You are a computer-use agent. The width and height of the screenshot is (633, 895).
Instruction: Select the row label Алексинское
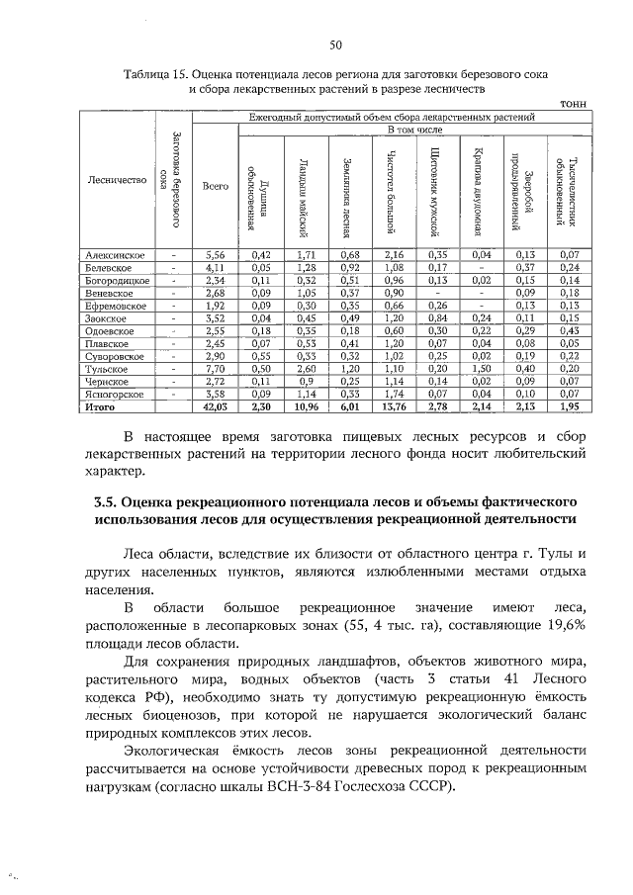pyautogui.click(x=116, y=255)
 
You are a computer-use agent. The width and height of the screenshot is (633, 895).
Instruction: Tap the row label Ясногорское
pyautogui.click(x=116, y=394)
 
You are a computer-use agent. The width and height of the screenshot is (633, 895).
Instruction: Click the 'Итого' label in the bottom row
pyautogui.click(x=100, y=406)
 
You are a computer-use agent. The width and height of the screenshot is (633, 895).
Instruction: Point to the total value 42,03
pyautogui.click(x=216, y=406)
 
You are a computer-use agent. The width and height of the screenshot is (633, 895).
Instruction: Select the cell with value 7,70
pyautogui.click(x=216, y=368)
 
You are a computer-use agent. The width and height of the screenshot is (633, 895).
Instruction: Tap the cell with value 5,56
pyautogui.click(x=216, y=255)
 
